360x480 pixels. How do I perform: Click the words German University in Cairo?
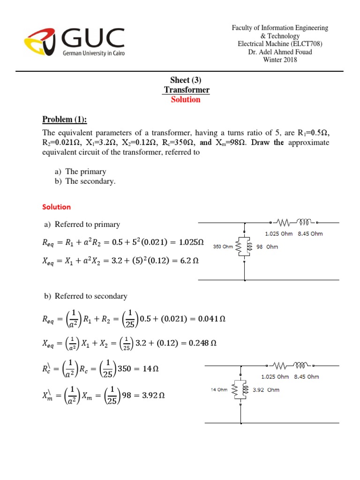94,53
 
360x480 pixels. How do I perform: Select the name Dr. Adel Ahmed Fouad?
280,52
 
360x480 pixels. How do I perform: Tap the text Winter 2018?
280,60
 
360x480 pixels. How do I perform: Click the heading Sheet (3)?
186,81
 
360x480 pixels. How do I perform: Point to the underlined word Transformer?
187,90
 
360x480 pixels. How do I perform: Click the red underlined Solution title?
186,99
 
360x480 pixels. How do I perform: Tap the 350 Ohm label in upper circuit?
223,246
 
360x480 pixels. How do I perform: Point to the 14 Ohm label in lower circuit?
218,389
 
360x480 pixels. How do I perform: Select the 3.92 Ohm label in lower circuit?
266,389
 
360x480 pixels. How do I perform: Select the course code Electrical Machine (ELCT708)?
280,44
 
